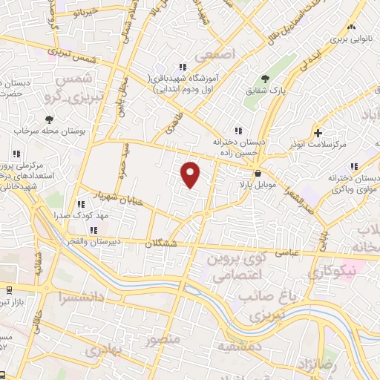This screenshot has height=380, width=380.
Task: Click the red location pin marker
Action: [x=191, y=174]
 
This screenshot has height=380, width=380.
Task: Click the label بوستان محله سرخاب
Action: [x=49, y=131]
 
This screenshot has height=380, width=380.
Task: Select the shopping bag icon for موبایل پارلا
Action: [x=257, y=172]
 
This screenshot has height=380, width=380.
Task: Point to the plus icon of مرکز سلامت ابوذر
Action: [x=318, y=134]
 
